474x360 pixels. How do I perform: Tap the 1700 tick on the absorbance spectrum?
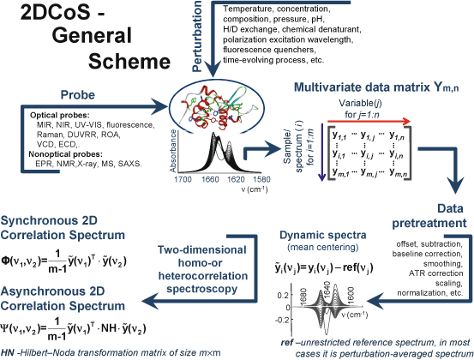[183, 181]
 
